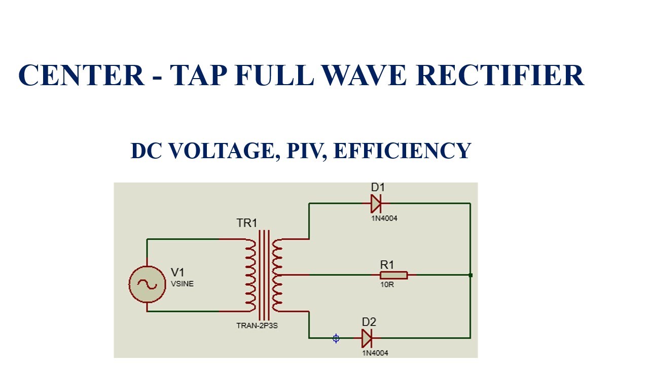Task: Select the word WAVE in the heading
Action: coord(364,76)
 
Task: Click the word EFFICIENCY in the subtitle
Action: coord(403,151)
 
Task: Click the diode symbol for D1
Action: coord(376,204)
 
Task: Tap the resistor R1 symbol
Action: coord(393,275)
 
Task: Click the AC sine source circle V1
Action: coord(147,284)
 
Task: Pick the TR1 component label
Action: coord(247,223)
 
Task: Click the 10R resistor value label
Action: coord(387,285)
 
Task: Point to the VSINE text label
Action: coord(182,284)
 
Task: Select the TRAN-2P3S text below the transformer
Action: coord(257,325)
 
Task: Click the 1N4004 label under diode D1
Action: coord(384,218)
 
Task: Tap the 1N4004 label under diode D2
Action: coord(375,353)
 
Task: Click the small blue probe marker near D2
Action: coord(336,338)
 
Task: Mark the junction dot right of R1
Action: coord(471,275)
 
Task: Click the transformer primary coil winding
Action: coord(250,275)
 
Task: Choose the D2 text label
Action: coord(369,322)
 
